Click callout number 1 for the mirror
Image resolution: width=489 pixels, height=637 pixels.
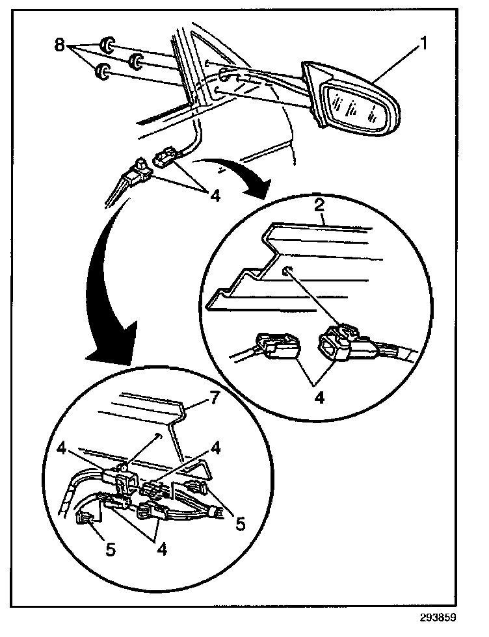pyautogui.click(x=423, y=45)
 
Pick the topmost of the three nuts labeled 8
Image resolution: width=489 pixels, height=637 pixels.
pyautogui.click(x=107, y=46)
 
